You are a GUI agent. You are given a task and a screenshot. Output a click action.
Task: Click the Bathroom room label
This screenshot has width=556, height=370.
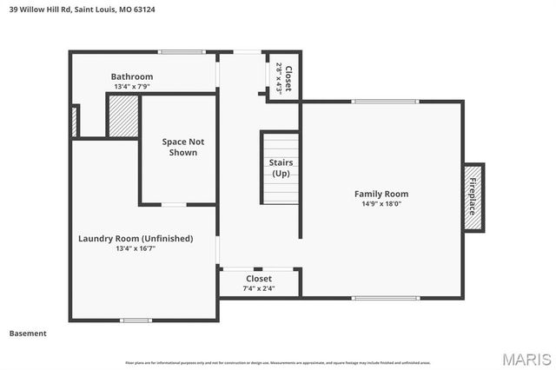point(132,76)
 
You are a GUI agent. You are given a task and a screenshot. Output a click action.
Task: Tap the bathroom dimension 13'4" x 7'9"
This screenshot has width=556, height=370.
point(132,86)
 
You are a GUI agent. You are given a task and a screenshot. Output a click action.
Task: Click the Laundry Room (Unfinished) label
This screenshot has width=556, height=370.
point(136,238)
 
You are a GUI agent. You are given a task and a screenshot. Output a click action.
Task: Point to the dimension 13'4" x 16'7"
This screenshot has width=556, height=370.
point(136,248)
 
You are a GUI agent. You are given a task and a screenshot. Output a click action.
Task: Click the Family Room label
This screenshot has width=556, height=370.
point(381,194)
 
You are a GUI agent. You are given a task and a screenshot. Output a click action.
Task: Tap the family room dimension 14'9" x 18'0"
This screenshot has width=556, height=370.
point(381,204)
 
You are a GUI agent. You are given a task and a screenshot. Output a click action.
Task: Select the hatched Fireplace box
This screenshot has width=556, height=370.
point(473,197)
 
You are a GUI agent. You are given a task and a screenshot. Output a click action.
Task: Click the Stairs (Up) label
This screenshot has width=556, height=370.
point(281,168)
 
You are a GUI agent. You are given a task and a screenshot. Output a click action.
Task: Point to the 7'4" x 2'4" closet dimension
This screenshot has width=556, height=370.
point(259,288)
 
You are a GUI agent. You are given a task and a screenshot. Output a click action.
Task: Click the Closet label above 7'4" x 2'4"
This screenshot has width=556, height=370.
point(259,279)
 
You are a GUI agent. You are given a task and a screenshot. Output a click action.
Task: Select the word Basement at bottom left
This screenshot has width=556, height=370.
point(28,334)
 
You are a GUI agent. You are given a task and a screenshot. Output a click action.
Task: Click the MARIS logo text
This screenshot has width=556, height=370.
point(526,358)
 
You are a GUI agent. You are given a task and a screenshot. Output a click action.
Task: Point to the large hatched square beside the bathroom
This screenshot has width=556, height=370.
point(123,116)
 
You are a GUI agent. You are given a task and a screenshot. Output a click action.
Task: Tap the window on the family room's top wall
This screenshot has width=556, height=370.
point(386,102)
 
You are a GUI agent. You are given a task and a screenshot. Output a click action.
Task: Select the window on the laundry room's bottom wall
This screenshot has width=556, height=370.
point(136,320)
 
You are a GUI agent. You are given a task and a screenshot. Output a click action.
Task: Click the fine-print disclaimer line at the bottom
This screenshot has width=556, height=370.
point(277,362)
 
